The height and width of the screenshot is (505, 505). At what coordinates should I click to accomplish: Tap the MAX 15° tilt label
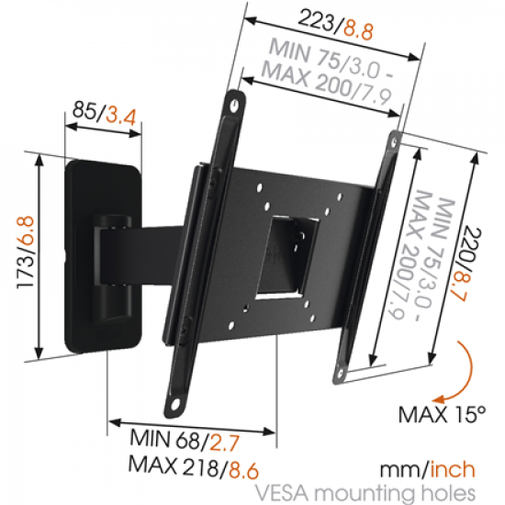[x=440, y=414]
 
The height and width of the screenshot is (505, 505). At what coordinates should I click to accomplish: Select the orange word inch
[x=454, y=471]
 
